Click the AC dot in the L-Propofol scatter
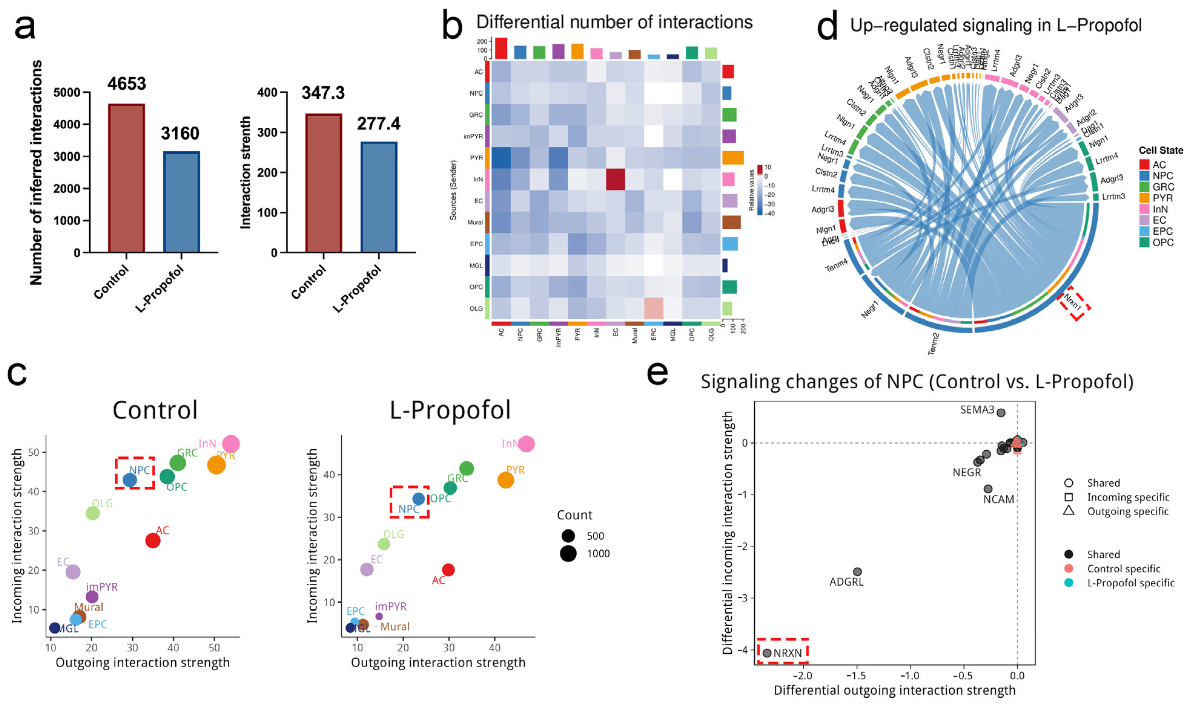tap(448, 570)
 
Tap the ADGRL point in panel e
tap(857, 571)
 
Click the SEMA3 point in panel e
tap(1001, 413)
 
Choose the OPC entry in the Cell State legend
tap(1162, 242)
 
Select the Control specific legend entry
tap(1123, 569)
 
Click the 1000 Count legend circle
tap(568, 553)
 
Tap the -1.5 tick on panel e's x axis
tap(856, 676)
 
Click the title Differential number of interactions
tap(614, 22)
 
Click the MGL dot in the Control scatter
tap(55, 628)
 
